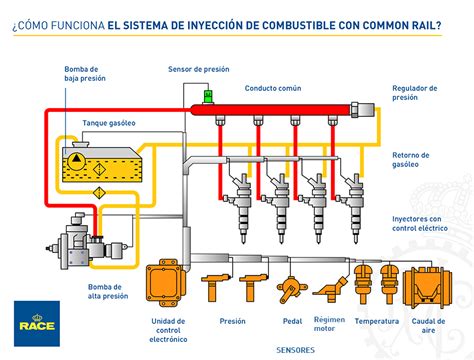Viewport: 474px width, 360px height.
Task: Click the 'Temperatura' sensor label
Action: coord(375,322)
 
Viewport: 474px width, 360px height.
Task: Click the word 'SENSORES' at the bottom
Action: coord(295,351)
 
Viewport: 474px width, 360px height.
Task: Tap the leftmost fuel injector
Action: coord(242,200)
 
